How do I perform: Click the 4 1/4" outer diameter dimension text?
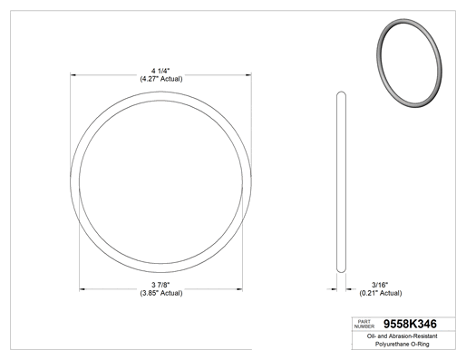pos(160,71)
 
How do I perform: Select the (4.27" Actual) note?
pos(161,79)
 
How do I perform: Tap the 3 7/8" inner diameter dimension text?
pos(160,285)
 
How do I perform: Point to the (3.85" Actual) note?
pos(161,293)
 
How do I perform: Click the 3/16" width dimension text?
pos(380,285)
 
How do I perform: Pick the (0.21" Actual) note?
pos(381,293)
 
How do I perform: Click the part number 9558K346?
pos(410,324)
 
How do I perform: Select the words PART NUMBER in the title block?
pos(364,324)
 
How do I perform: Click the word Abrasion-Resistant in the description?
pos(413,336)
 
